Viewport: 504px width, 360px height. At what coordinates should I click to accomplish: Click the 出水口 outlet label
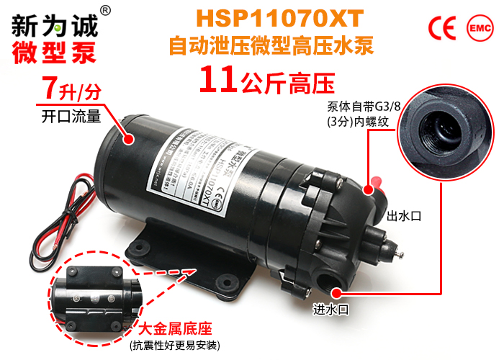pos(403,216)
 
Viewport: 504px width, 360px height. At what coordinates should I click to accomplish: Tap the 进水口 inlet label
pos(330,310)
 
